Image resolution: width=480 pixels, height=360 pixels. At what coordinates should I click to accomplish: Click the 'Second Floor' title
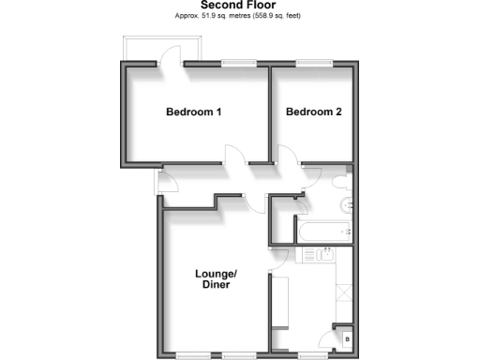[239, 6]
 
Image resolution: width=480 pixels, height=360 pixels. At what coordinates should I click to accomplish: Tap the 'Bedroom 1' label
[193, 112]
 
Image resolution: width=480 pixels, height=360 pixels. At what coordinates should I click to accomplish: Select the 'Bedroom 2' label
[313, 112]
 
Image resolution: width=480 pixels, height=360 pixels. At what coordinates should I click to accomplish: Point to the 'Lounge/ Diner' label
[217, 278]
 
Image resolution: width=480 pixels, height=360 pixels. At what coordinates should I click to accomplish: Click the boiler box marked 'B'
[347, 337]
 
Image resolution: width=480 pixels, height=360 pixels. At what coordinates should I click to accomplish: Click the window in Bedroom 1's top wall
[238, 63]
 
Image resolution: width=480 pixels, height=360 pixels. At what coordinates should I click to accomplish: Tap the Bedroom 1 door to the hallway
[234, 156]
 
